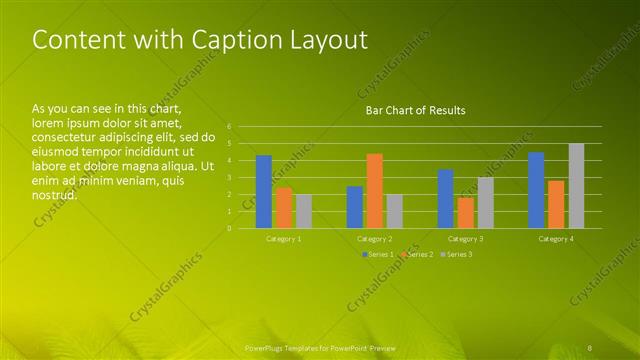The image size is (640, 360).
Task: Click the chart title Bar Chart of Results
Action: click(x=415, y=110)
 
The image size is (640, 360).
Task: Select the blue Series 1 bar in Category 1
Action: click(x=264, y=192)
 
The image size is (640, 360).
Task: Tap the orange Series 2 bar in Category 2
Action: click(x=375, y=191)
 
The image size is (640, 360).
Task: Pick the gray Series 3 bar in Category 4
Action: click(x=576, y=186)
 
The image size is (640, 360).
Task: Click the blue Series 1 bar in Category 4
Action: click(x=536, y=190)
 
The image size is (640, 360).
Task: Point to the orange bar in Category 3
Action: click(x=465, y=213)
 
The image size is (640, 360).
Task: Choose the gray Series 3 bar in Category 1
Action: click(x=304, y=211)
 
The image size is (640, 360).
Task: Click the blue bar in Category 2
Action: click(x=355, y=207)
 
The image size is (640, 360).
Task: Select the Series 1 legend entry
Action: click(x=377, y=255)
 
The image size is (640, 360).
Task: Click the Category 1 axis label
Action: click(x=284, y=239)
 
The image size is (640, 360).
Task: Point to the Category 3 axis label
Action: click(x=465, y=239)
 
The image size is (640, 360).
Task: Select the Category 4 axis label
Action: click(x=556, y=239)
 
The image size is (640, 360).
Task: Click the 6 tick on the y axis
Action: click(x=230, y=127)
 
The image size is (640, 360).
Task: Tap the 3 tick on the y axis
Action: click(x=230, y=178)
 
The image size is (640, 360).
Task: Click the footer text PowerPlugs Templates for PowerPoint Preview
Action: click(x=320, y=348)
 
